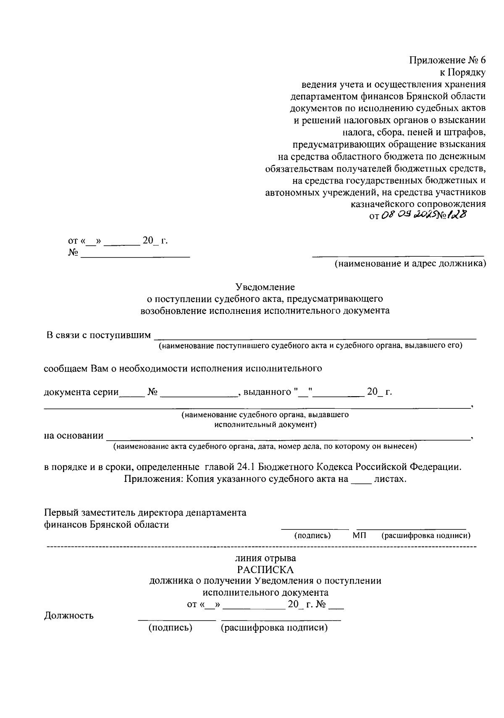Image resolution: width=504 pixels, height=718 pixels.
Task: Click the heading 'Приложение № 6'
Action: pyautogui.click(x=447, y=60)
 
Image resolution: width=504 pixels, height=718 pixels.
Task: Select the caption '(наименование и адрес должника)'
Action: pyautogui.click(x=409, y=264)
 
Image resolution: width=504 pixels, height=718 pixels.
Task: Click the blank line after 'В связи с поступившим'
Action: pyautogui.click(x=315, y=336)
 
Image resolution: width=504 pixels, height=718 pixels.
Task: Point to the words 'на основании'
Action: pyautogui.click(x=74, y=435)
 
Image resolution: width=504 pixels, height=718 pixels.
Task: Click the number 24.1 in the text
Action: pyautogui.click(x=246, y=467)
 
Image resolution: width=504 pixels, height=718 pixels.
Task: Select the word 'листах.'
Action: pyautogui.click(x=390, y=479)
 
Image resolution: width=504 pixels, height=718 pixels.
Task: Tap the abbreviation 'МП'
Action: pyautogui.click(x=360, y=535)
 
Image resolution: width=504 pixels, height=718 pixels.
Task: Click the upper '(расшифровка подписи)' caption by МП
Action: pyautogui.click(x=425, y=535)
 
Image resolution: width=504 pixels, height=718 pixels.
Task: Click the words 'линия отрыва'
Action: pyautogui.click(x=265, y=558)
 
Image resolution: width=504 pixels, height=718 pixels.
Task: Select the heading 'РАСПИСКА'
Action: pyautogui.click(x=265, y=570)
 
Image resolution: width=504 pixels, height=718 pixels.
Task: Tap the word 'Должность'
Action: pyautogui.click(x=69, y=616)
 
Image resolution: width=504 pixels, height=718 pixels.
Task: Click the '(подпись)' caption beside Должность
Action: pyautogui.click(x=170, y=628)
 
